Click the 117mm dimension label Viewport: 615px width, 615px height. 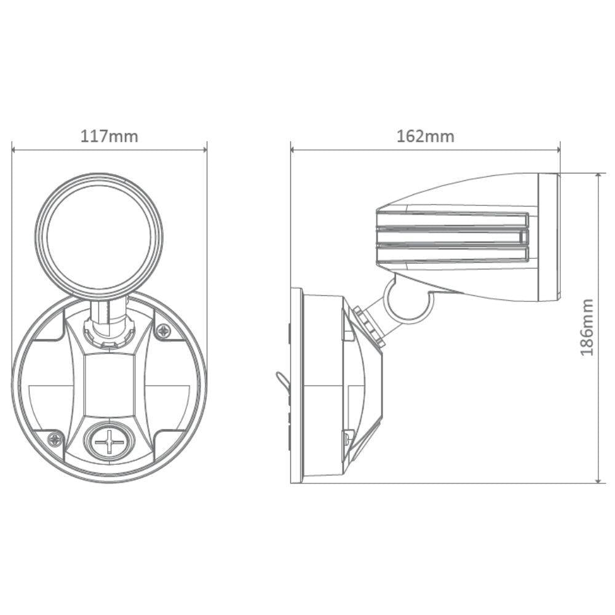(109, 136)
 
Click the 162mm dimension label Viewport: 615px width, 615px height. (425, 136)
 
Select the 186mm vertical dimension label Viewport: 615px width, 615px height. (587, 327)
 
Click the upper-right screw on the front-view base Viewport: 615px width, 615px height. (163, 331)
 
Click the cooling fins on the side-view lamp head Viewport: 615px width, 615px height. (452, 237)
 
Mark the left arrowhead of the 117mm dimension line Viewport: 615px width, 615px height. (14, 149)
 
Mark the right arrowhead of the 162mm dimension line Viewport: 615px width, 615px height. (558, 149)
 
